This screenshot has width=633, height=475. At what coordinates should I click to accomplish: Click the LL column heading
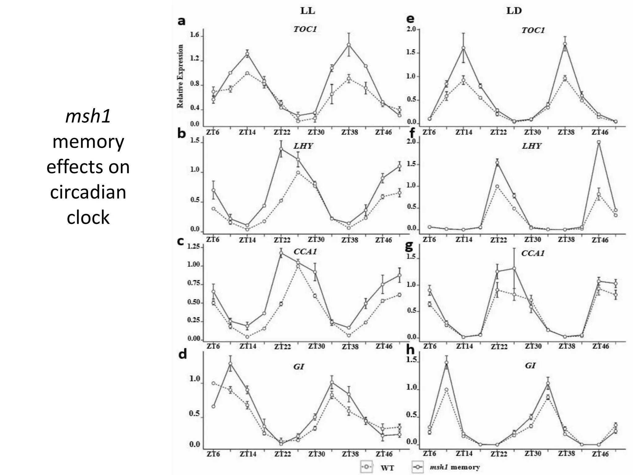tap(308, 11)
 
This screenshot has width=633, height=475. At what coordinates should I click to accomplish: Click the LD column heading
tap(514, 11)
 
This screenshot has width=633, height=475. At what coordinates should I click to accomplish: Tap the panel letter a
tap(181, 21)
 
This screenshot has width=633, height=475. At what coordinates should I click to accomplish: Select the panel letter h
tap(410, 350)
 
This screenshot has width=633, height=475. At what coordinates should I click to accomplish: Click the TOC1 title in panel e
tap(533, 30)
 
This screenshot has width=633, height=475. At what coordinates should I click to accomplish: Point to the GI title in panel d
tap(299, 366)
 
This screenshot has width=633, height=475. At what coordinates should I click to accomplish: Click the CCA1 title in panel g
tap(533, 253)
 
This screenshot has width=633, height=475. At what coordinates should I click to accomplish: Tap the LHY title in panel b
tap(303, 146)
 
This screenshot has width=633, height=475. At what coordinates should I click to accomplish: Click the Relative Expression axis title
tap(180, 76)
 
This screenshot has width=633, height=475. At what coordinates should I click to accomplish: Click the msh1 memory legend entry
tap(455, 467)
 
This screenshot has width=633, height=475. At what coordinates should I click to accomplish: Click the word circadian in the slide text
tap(88, 192)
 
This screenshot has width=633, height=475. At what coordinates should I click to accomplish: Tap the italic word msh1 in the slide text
tap(88, 117)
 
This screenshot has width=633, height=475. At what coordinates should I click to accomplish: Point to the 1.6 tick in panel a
tap(195, 35)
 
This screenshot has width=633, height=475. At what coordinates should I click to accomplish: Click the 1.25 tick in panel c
tap(193, 247)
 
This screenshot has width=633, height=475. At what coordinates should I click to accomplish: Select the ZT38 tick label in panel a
tap(350, 132)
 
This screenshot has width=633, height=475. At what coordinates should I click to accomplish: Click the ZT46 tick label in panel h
tap(600, 454)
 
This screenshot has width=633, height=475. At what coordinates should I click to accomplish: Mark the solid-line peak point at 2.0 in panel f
tap(599, 142)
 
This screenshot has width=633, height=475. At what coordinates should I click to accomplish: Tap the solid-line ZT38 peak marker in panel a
tap(349, 45)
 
